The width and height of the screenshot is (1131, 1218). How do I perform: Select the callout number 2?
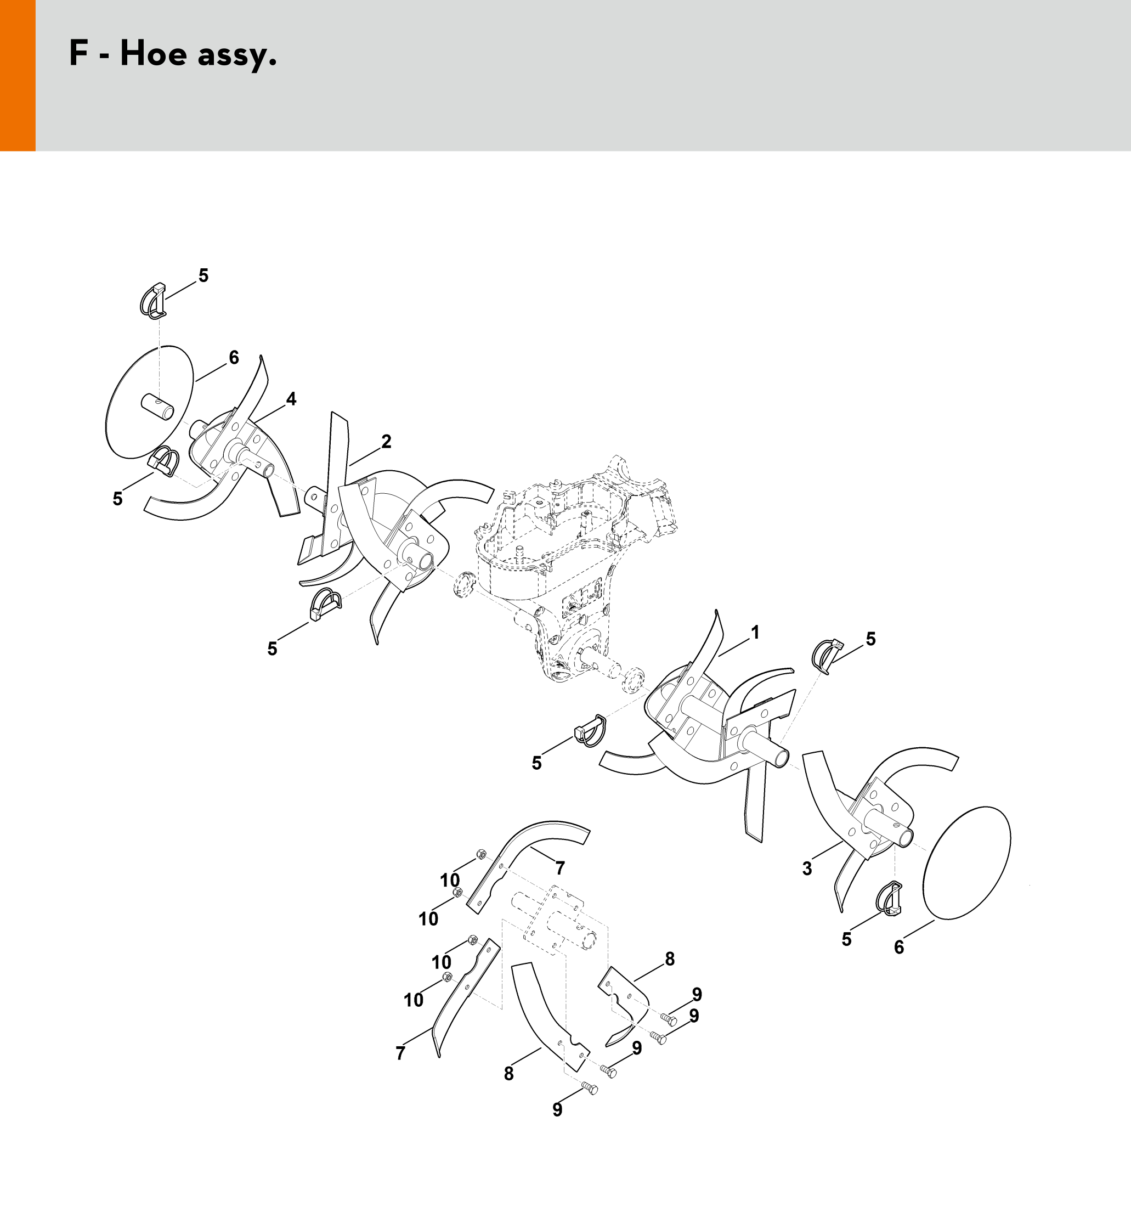(386, 441)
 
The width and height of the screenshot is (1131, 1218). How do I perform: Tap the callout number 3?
(807, 869)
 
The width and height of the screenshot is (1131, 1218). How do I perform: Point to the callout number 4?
(291, 399)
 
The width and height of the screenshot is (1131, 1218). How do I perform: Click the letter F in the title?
(78, 54)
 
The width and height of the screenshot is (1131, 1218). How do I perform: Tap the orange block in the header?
(18, 75)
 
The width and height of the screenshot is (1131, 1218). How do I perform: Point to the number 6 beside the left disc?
(234, 357)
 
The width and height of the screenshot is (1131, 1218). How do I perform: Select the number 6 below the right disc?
(898, 948)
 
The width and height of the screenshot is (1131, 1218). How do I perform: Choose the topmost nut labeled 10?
(481, 854)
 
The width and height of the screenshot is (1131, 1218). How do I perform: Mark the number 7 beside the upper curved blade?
(559, 868)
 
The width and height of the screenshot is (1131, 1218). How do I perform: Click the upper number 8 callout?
(670, 959)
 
